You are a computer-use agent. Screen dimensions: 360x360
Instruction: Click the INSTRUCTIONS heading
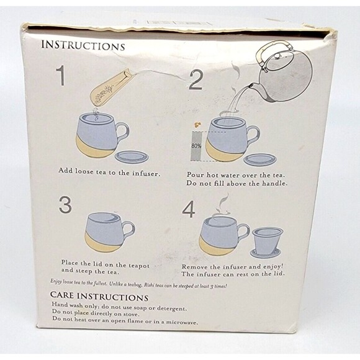coord(83,46)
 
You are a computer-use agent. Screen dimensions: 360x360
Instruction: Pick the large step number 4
coord(189,209)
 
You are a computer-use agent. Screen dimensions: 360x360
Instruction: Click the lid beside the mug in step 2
coord(259,160)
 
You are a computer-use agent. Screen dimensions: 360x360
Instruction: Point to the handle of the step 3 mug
coord(128,230)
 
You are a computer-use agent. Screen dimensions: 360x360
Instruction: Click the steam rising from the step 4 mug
coord(220,208)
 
